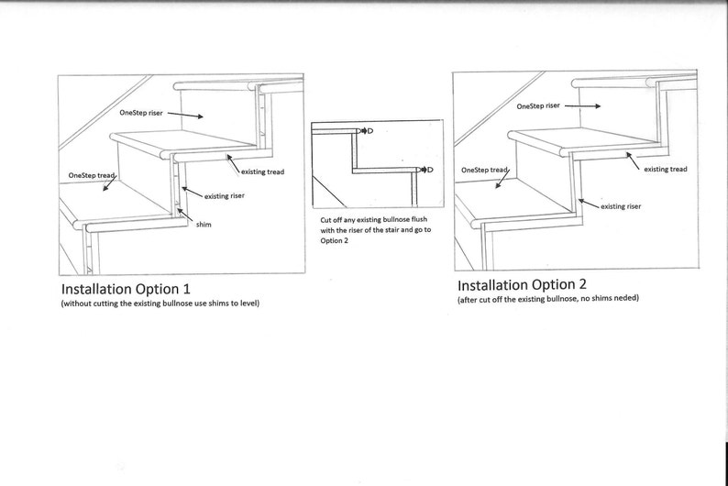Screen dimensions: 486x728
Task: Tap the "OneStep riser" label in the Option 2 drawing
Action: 538,105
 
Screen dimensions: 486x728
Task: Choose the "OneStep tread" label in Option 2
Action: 483,170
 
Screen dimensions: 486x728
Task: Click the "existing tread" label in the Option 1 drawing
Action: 260,171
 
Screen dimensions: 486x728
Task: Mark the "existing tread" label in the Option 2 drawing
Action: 665,169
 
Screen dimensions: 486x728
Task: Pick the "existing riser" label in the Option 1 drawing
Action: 224,195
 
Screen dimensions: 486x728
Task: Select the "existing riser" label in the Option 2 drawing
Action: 621,207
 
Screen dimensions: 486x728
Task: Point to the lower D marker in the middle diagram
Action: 428,170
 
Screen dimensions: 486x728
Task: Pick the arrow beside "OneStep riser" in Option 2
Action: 583,105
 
